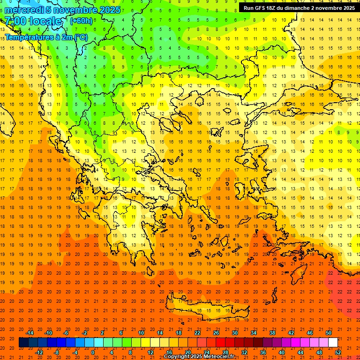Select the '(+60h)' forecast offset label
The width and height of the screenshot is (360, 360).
(x=81, y=21)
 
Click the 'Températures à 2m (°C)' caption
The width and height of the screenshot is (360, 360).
(x=46, y=37)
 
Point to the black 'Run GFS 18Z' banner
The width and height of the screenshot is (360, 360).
(x=299, y=8)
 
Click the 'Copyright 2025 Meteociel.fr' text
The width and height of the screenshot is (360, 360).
(x=199, y=356)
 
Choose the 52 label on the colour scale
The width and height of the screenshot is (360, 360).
(x=338, y=352)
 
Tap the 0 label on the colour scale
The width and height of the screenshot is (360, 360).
(x=92, y=352)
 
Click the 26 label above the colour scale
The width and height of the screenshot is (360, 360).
(x=216, y=333)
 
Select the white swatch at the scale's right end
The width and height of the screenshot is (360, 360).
(x=333, y=343)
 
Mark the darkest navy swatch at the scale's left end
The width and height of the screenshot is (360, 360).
(x=23, y=343)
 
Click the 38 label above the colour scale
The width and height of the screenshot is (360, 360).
(x=272, y=333)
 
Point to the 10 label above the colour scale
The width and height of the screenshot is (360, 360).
(x=141, y=333)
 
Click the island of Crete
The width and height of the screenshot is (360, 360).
(x=206, y=309)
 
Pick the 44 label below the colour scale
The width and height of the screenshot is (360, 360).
(x=300, y=352)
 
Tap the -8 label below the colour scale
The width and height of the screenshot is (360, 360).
(x=56, y=352)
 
